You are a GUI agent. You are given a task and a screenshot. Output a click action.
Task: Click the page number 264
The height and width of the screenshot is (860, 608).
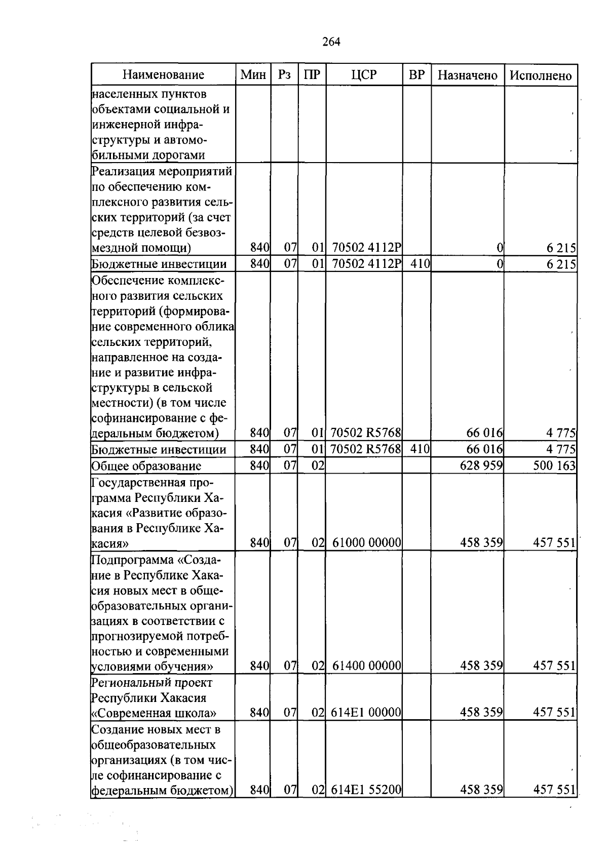(331, 42)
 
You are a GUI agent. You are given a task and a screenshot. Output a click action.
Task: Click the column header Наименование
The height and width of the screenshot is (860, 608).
(163, 75)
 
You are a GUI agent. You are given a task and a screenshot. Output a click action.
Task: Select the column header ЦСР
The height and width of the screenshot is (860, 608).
(364, 75)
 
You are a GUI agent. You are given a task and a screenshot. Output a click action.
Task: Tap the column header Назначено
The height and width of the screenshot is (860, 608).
(467, 75)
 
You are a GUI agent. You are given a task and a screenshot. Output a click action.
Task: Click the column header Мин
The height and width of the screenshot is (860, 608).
(253, 75)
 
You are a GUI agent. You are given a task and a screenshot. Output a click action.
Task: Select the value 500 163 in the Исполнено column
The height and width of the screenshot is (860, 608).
(554, 465)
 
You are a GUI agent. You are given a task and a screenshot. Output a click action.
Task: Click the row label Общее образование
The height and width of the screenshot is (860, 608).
(146, 466)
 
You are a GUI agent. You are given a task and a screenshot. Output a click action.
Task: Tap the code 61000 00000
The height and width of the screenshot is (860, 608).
(367, 543)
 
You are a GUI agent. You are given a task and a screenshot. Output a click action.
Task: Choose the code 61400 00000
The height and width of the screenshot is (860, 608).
(367, 666)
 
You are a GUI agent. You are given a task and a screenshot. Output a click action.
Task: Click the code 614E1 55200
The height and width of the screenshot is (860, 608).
(366, 790)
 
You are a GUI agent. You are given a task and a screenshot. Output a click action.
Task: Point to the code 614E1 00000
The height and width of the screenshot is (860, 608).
(366, 713)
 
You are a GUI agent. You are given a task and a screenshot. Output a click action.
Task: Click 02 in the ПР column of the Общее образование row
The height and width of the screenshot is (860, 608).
(318, 465)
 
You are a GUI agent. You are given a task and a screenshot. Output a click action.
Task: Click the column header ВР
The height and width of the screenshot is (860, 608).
(416, 75)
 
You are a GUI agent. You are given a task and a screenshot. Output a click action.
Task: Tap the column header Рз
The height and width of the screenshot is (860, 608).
(284, 75)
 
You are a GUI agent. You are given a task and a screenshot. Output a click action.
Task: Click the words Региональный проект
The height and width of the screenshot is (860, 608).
(151, 682)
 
